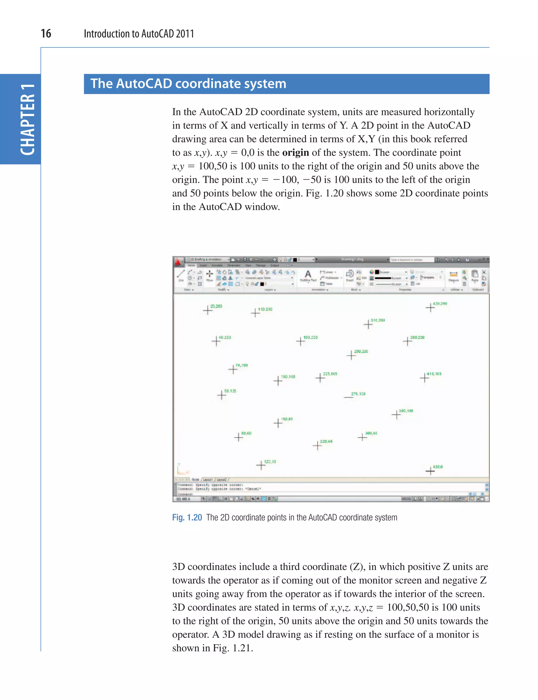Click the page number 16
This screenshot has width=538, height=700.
pos(46,34)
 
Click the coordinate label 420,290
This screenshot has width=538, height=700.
pos(440,303)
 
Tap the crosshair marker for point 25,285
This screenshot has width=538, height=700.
pos(208,310)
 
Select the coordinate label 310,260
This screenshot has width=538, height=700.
pos(377,320)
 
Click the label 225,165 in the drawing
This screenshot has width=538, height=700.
pos(330,374)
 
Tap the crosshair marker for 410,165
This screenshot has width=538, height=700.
pos(424,378)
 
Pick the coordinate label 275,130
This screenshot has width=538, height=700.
pos(358,394)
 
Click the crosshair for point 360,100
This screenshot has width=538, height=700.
pos(396,415)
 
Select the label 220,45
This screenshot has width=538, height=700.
pos(326,441)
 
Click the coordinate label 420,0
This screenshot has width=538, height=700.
pos(437,467)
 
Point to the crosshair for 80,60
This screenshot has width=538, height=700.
pos(238,437)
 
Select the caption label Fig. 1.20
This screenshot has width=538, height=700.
pos(187,517)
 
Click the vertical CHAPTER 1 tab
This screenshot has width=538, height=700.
pos(28,120)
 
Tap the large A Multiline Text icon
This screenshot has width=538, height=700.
pos(308,275)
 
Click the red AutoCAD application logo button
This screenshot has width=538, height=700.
pos(178,262)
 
